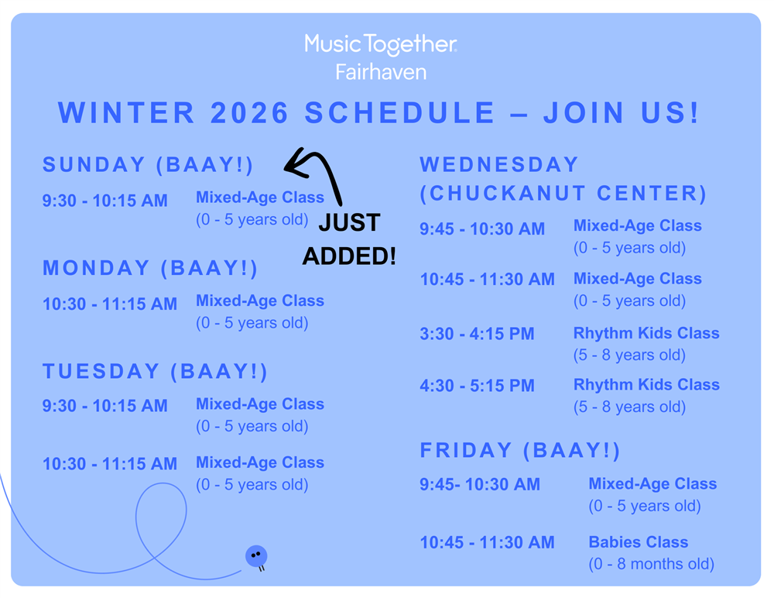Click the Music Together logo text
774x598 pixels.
coord(381,44)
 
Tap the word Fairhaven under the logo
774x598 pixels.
coord(381,72)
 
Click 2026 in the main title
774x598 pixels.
coord(249,112)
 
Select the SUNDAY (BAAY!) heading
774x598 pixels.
coord(148,164)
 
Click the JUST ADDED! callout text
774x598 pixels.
coord(349,239)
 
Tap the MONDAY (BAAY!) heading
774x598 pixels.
coord(150,268)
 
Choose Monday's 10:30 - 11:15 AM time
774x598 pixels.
coord(110,304)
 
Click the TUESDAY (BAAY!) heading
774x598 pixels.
coord(155,371)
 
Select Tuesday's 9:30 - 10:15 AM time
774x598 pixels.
coord(104,406)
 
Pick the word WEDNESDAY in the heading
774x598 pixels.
coord(498,164)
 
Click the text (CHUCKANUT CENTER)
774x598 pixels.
coord(563,193)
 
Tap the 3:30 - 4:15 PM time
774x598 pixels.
coord(477,334)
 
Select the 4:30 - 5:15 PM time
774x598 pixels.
coord(477,386)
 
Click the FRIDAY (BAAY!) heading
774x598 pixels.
coord(520,450)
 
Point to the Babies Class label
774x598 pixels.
coord(639,542)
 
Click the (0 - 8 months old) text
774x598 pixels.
coord(651,564)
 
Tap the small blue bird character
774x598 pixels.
coord(257,558)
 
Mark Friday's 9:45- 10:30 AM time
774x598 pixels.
coord(480,484)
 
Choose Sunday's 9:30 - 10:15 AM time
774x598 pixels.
coord(104,201)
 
